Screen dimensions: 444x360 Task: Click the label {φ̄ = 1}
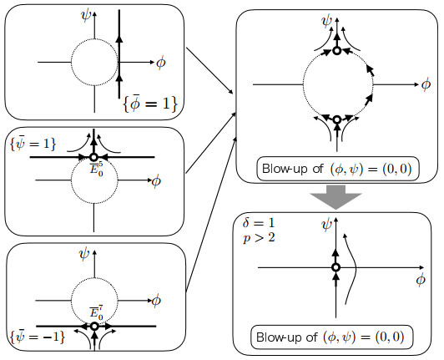tap(150, 104)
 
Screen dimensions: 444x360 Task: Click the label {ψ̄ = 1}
tap(33, 144)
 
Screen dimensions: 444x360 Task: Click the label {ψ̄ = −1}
tap(38, 337)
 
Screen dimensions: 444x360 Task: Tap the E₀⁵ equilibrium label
tap(96, 169)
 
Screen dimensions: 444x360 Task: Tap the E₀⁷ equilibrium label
tap(96, 312)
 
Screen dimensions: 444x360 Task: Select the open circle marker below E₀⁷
tap(94, 327)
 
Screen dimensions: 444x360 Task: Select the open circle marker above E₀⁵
tap(93, 157)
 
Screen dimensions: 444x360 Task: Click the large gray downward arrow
tap(336, 197)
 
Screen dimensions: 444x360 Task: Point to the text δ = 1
tap(259, 223)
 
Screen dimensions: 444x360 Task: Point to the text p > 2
tap(259, 237)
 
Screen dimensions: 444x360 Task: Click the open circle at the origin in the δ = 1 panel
tap(336, 267)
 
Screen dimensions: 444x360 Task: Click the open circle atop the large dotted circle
tap(336, 51)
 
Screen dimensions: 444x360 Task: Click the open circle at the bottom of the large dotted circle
tap(336, 119)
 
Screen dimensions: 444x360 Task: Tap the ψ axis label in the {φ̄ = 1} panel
tap(86, 15)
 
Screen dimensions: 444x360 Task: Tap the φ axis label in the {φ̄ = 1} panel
tap(161, 63)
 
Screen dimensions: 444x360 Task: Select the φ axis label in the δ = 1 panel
tap(421, 280)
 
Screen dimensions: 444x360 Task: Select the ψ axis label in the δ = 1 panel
tap(326, 225)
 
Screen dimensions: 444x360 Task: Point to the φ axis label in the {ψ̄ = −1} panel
tap(156, 301)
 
